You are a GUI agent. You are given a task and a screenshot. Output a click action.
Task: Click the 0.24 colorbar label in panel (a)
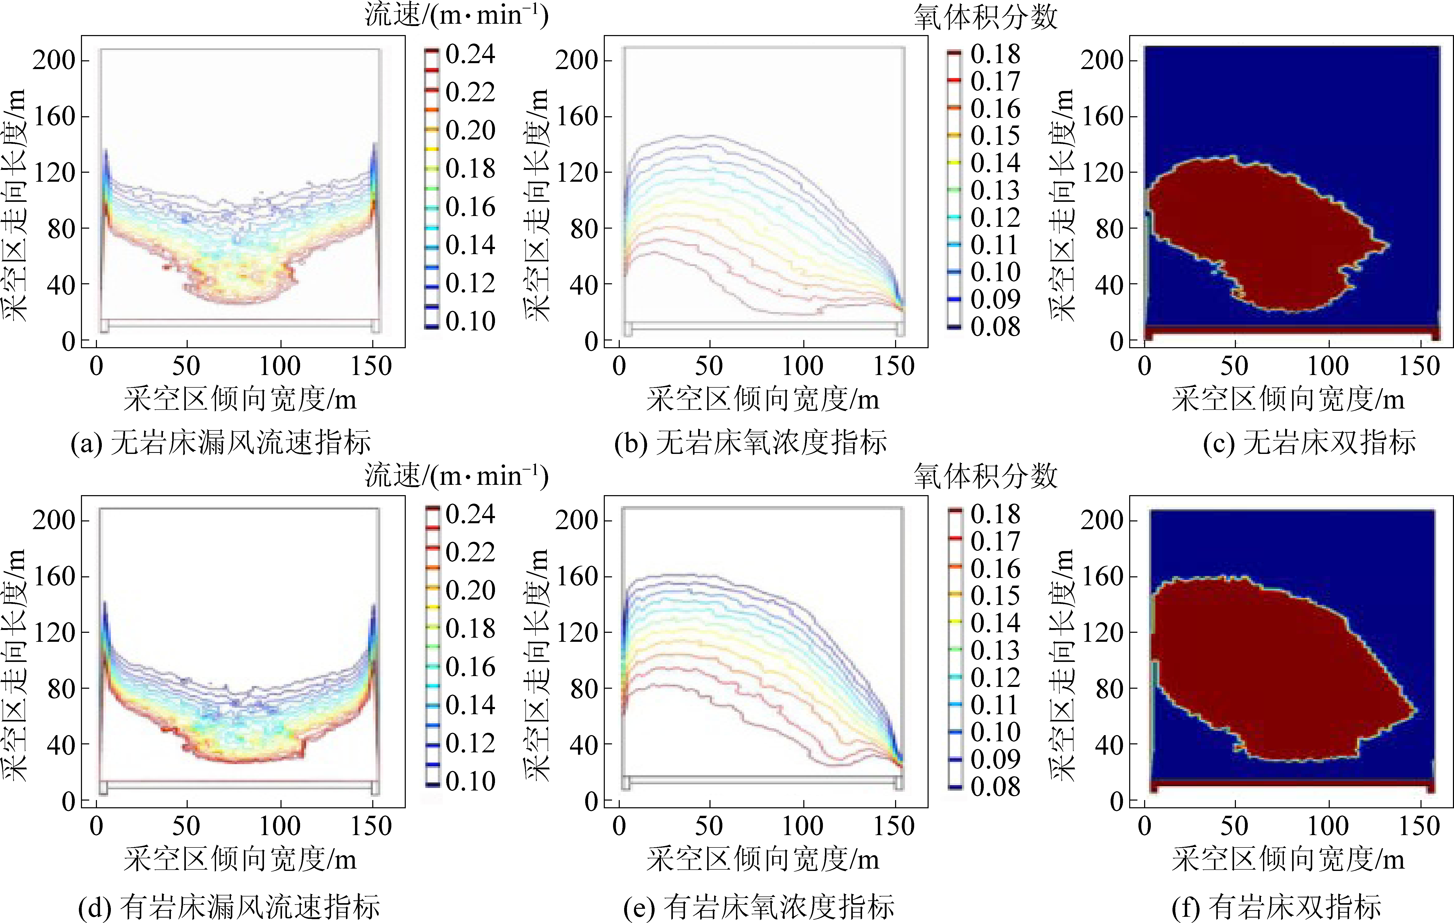click(470, 54)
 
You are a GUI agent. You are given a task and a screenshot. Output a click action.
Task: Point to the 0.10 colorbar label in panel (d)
click(470, 781)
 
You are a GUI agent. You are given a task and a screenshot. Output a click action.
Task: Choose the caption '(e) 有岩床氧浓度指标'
click(758, 907)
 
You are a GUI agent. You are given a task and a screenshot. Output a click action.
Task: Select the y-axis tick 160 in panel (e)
click(576, 577)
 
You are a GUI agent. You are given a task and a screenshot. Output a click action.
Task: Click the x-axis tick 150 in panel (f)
click(1419, 826)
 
